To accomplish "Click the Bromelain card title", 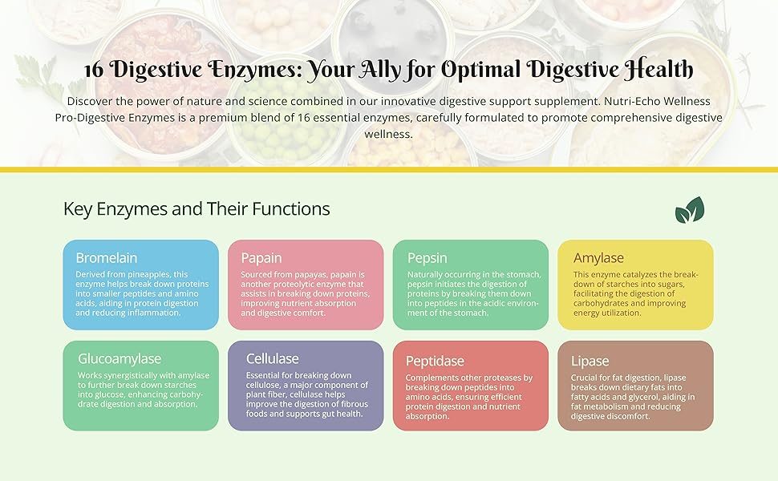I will (x=107, y=258).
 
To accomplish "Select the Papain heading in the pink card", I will (x=261, y=258).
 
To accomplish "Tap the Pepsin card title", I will (x=427, y=258).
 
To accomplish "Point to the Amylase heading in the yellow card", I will (x=598, y=258).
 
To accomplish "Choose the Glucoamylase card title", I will (x=120, y=358).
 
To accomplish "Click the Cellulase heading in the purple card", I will (x=272, y=358).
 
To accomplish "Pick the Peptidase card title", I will (x=435, y=361).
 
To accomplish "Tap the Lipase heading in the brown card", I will (x=590, y=361).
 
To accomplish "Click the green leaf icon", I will (x=689, y=210).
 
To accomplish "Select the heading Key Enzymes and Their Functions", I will (x=197, y=209).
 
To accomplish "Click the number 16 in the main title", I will (x=95, y=70).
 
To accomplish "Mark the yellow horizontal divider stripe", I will (x=389, y=169).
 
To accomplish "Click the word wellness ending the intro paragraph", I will (x=387, y=134).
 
